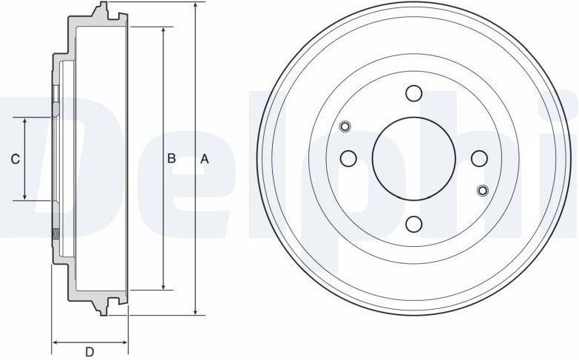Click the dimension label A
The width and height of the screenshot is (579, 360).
click(x=206, y=158)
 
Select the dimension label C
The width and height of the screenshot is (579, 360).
click(x=15, y=158)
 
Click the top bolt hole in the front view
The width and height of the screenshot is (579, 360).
click(x=413, y=93)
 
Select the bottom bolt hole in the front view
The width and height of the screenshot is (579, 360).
click(x=413, y=223)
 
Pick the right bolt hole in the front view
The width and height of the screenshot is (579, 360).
click(x=478, y=157)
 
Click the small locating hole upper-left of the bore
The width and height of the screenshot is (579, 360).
click(x=345, y=126)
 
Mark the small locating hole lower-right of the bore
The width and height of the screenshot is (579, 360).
click(x=483, y=190)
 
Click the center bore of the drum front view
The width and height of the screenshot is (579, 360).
click(x=413, y=157)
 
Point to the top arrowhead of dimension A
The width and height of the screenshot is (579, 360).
click(x=194, y=6)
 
